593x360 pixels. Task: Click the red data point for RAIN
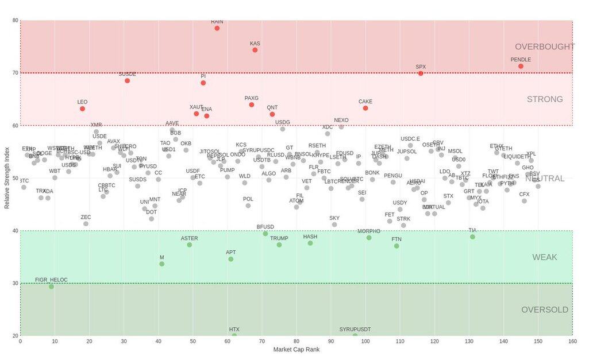pyautogui.click(x=217, y=28)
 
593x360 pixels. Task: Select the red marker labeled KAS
pyautogui.click(x=255, y=50)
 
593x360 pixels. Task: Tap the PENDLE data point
pyautogui.click(x=521, y=66)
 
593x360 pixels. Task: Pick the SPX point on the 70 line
pyautogui.click(x=421, y=73)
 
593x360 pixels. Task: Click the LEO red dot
pyautogui.click(x=83, y=109)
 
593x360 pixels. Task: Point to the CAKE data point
pyautogui.click(x=365, y=108)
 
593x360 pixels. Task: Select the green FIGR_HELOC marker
pyautogui.click(x=51, y=287)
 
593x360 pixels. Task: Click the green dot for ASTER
pyautogui.click(x=190, y=245)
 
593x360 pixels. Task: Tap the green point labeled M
pyautogui.click(x=162, y=264)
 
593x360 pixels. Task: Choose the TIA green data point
pyautogui.click(x=472, y=237)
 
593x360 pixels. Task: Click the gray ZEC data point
pyautogui.click(x=86, y=223)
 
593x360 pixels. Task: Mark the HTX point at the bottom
pyautogui.click(x=234, y=335)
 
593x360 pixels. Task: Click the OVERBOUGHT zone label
pyautogui.click(x=544, y=47)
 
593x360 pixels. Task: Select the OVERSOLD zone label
pyautogui.click(x=544, y=310)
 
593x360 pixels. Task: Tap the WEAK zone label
pyautogui.click(x=544, y=257)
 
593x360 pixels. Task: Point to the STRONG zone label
pyautogui.click(x=544, y=99)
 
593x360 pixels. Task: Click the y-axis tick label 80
pyautogui.click(x=15, y=21)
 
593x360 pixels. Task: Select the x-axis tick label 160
pyautogui.click(x=572, y=342)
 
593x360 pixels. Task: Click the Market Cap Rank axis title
pyautogui.click(x=296, y=349)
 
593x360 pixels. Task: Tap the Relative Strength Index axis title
pyautogui.click(x=7, y=178)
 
